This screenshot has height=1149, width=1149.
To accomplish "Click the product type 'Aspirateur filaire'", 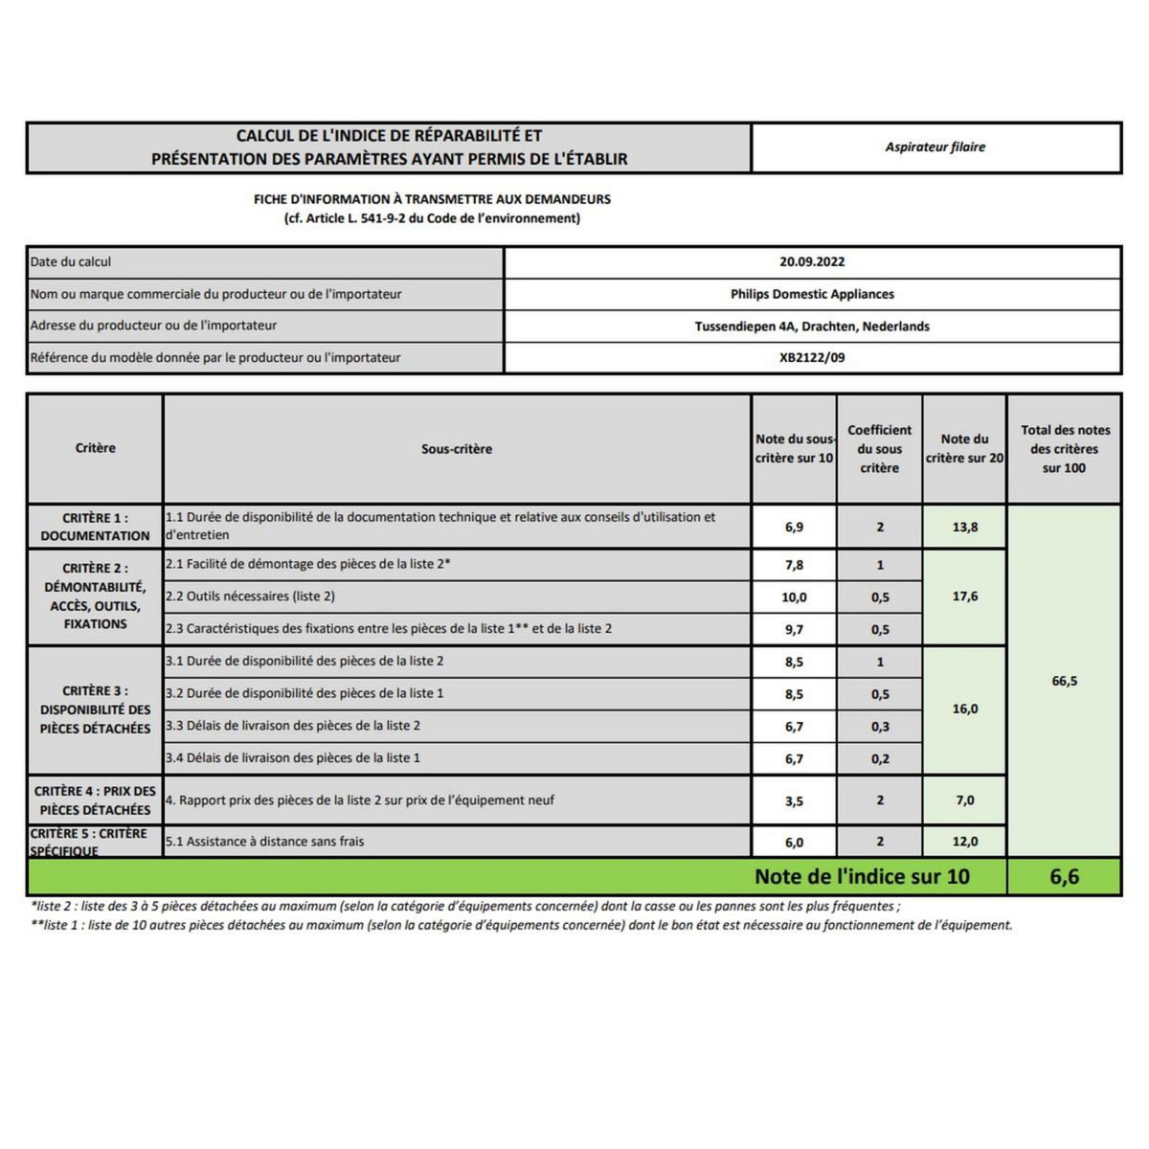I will (x=935, y=147).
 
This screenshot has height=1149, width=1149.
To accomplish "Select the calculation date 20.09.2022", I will (x=812, y=261).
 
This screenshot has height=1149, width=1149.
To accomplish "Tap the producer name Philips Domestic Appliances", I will (x=812, y=294).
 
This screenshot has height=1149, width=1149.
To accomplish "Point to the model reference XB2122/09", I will (x=812, y=358).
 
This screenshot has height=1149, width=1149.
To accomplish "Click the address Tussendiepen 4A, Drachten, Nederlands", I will (x=812, y=327).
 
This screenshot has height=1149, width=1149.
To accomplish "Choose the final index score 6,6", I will (x=1064, y=877).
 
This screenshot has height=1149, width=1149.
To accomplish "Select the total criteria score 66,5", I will (x=1064, y=681).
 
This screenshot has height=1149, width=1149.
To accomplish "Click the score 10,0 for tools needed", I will (x=794, y=597).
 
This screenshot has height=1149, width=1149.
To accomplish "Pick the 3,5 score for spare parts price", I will (x=794, y=800).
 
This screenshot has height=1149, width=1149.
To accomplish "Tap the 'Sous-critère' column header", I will (x=457, y=449).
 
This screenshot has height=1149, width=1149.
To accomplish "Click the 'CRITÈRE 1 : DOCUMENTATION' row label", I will (x=95, y=527).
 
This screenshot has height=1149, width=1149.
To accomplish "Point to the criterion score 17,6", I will (x=964, y=597).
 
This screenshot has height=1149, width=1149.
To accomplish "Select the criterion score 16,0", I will (x=964, y=710).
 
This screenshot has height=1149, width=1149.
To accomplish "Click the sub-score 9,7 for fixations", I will (x=794, y=630).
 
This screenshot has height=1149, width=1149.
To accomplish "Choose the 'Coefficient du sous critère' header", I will (x=879, y=449).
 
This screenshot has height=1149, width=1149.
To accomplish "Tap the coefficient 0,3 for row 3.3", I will (x=880, y=727).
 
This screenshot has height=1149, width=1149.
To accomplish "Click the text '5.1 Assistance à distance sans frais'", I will (x=265, y=842).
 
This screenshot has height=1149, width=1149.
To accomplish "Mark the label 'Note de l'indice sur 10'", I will (x=862, y=877).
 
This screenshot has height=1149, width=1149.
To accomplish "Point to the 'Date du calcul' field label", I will (x=71, y=261).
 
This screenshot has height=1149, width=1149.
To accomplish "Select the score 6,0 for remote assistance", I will (x=794, y=843).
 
